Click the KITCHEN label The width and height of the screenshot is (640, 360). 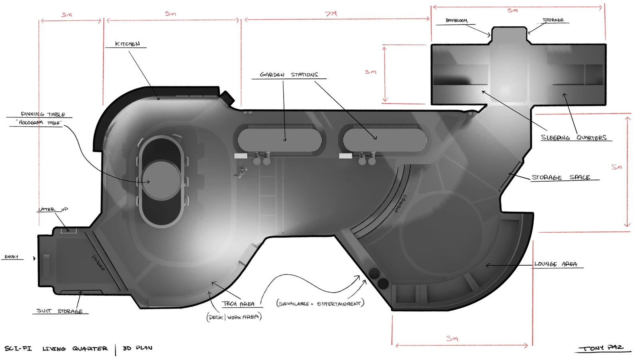pos(127,44)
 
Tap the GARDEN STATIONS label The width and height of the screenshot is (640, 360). pos(289,74)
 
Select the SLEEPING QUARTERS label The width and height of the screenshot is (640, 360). pos(574,138)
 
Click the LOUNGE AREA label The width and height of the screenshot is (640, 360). pos(556,264)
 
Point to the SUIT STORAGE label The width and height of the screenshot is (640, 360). pos(60,311)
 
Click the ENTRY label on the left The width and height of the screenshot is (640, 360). pos(11,257)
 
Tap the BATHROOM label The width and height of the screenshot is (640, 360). pos(456,20)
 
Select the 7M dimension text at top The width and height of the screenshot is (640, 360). pos(331,14)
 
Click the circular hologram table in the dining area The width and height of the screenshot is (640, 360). pos(162,180)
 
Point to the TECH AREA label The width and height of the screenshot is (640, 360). pos(238,304)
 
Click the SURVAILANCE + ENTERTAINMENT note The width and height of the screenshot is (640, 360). pos(320,304)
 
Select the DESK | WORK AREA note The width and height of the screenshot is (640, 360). pos(234,317)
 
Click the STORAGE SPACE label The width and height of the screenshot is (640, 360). pos(560,177)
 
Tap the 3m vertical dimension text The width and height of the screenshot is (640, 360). pos(370,72)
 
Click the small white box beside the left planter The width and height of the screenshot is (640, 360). pos(240,156)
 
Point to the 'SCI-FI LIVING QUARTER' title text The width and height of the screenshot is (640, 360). pos(56,348)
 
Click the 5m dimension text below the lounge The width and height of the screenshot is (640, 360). pos(452,338)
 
